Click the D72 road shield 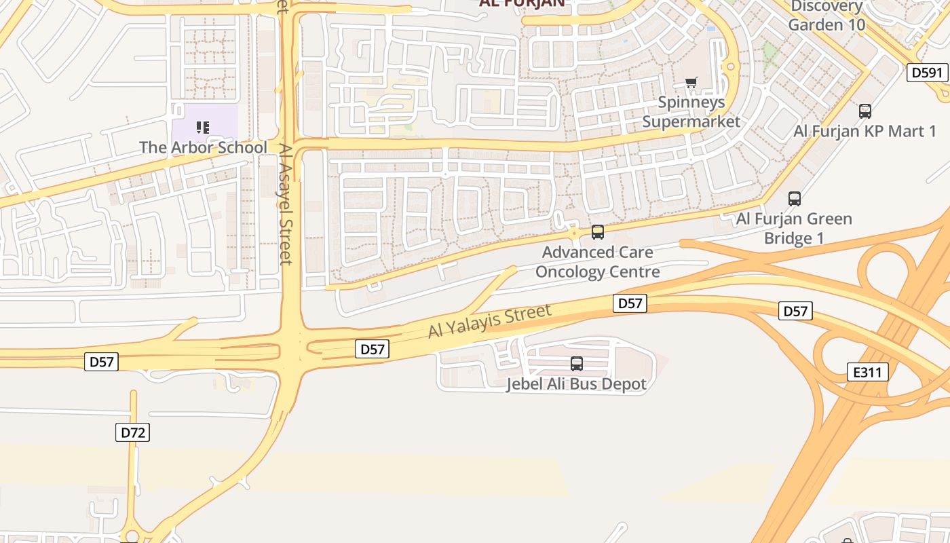click(x=132, y=432)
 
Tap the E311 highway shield click(x=868, y=371)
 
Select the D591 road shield click(x=927, y=72)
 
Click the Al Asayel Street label click(x=285, y=203)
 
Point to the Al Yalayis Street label click(x=489, y=322)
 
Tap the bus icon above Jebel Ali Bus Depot click(x=577, y=364)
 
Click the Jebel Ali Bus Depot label click(x=577, y=384)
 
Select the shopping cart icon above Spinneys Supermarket click(x=691, y=83)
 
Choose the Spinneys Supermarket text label click(x=691, y=112)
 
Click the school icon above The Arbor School click(x=203, y=127)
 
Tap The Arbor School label click(x=203, y=147)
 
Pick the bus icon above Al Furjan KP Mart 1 click(x=865, y=111)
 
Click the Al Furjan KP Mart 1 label click(x=865, y=131)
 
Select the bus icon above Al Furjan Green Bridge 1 click(x=795, y=199)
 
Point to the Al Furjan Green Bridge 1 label click(x=794, y=229)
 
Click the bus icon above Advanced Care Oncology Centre click(x=598, y=232)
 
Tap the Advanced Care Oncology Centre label click(x=598, y=262)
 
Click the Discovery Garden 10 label click(x=826, y=15)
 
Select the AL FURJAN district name click(x=522, y=3)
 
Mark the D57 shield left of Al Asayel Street click(x=102, y=362)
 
